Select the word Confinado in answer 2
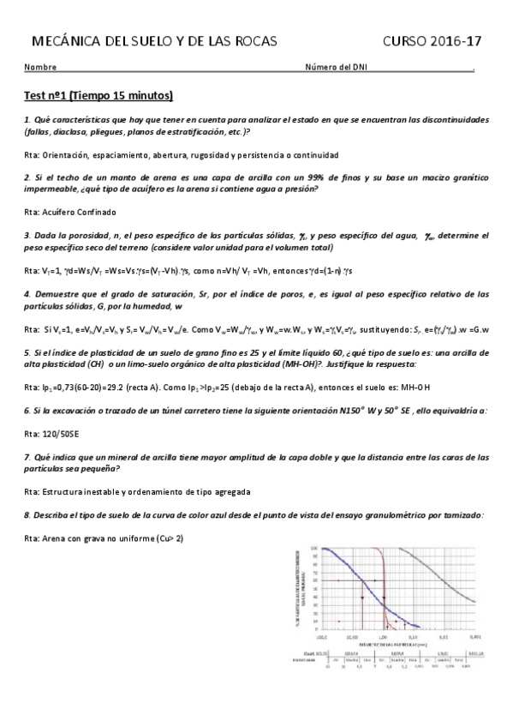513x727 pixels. coord(96,211)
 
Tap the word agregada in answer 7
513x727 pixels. coord(231,491)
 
